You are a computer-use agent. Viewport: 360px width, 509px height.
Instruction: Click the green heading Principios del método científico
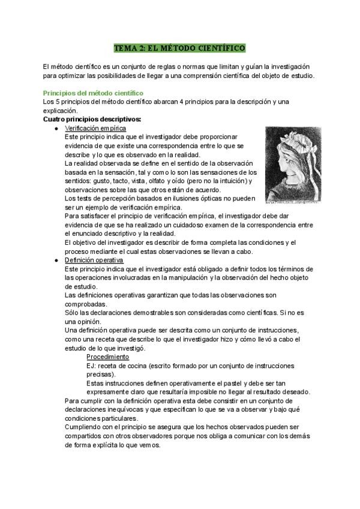tap(93, 93)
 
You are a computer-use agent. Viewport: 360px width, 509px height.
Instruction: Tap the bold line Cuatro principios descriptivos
tap(92, 119)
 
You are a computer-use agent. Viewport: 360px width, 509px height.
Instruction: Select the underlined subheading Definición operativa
tap(94, 260)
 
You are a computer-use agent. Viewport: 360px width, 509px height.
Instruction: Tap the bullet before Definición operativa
tap(55, 260)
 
